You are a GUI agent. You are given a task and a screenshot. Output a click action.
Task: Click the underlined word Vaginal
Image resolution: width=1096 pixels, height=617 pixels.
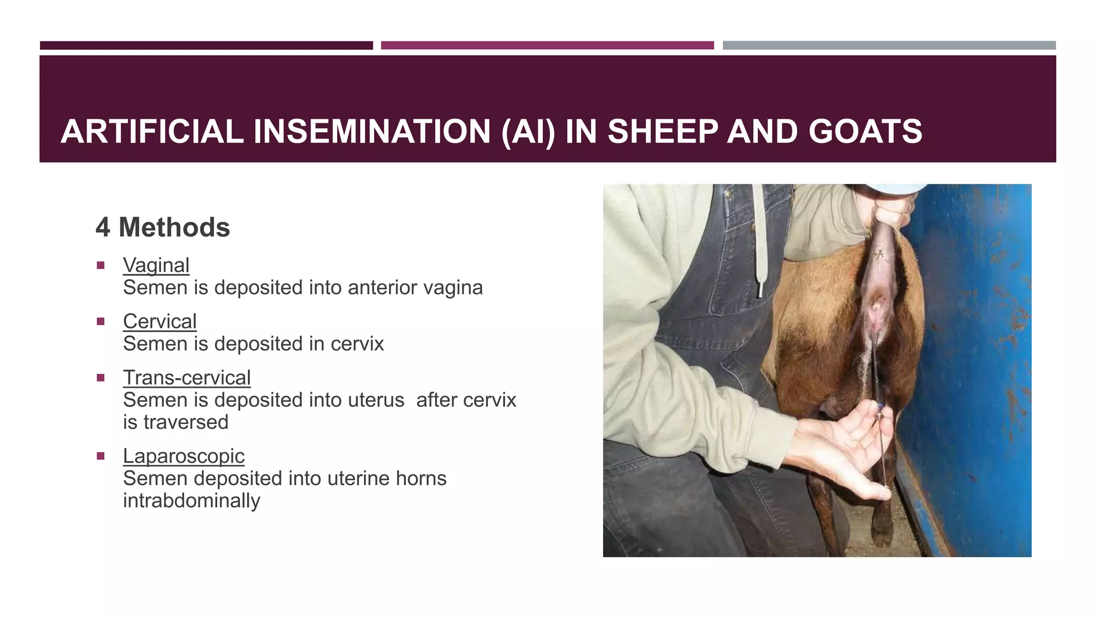156,265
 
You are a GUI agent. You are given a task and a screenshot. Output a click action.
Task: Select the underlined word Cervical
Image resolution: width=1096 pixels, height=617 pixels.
159,321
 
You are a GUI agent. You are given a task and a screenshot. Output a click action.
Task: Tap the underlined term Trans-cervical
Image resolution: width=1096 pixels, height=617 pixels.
186,378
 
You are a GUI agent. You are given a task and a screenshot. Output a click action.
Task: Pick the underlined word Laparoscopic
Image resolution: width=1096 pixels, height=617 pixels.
184,456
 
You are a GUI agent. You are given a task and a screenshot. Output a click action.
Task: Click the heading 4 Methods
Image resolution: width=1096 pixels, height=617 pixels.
163,227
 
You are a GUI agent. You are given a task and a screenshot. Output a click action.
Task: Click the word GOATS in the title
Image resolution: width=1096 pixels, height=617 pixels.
865,132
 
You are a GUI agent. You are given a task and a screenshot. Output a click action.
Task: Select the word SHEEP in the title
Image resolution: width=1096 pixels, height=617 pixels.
663,132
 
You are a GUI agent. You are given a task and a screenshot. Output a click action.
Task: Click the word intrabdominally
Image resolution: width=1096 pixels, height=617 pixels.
192,501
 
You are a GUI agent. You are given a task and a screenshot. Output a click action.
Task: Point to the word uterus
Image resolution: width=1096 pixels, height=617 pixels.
376,400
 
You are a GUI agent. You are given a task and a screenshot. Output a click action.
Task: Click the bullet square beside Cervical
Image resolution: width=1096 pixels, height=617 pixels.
101,321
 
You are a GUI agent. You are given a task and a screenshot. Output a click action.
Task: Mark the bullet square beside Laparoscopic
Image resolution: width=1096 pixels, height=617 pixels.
101,456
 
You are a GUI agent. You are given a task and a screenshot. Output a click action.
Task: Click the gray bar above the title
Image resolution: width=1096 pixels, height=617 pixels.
889,46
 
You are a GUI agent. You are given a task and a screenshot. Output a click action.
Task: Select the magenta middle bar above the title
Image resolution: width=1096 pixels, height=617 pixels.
547,46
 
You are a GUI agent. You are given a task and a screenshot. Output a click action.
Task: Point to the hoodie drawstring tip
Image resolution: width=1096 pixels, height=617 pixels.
760,289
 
